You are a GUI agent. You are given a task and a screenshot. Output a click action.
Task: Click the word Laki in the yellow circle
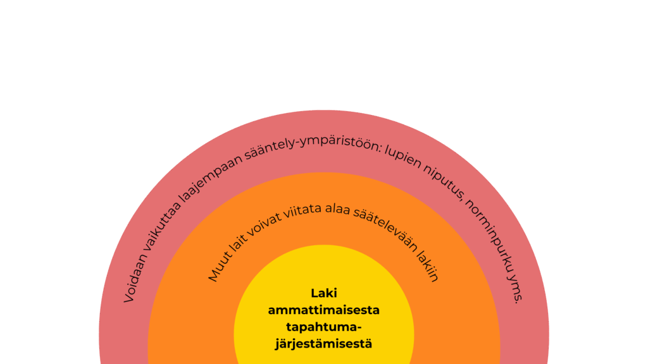324,293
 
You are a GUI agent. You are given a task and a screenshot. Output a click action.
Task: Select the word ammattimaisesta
324,310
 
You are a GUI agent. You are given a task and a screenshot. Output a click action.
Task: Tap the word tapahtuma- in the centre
324,327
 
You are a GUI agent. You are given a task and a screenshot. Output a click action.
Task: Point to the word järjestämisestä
324,344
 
